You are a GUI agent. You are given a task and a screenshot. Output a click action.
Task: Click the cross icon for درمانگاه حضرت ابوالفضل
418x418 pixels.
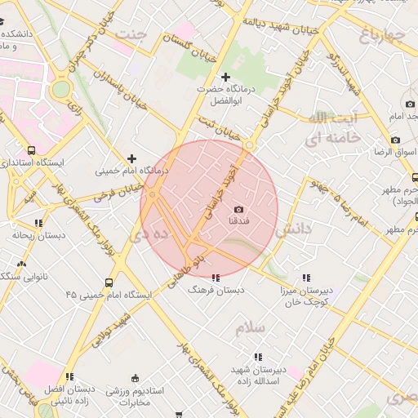click(x=226, y=77)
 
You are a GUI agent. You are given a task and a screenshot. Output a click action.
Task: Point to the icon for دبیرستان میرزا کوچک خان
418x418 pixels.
click(x=305, y=278)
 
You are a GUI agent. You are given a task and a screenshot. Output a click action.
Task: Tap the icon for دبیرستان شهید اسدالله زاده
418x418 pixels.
click(x=258, y=357)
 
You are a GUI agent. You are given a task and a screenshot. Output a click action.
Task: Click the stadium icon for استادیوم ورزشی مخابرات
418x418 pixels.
click(x=134, y=378)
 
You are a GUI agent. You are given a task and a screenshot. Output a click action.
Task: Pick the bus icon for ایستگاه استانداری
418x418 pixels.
click(x=32, y=151)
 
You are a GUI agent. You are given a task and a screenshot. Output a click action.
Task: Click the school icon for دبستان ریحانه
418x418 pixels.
click(x=38, y=222)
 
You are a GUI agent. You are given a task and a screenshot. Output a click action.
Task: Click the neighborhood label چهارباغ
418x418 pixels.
click(x=381, y=34)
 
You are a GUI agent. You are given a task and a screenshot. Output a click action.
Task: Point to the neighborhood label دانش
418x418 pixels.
click(x=293, y=231)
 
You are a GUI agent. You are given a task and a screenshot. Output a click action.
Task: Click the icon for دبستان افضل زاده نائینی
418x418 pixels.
click(x=69, y=376)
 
